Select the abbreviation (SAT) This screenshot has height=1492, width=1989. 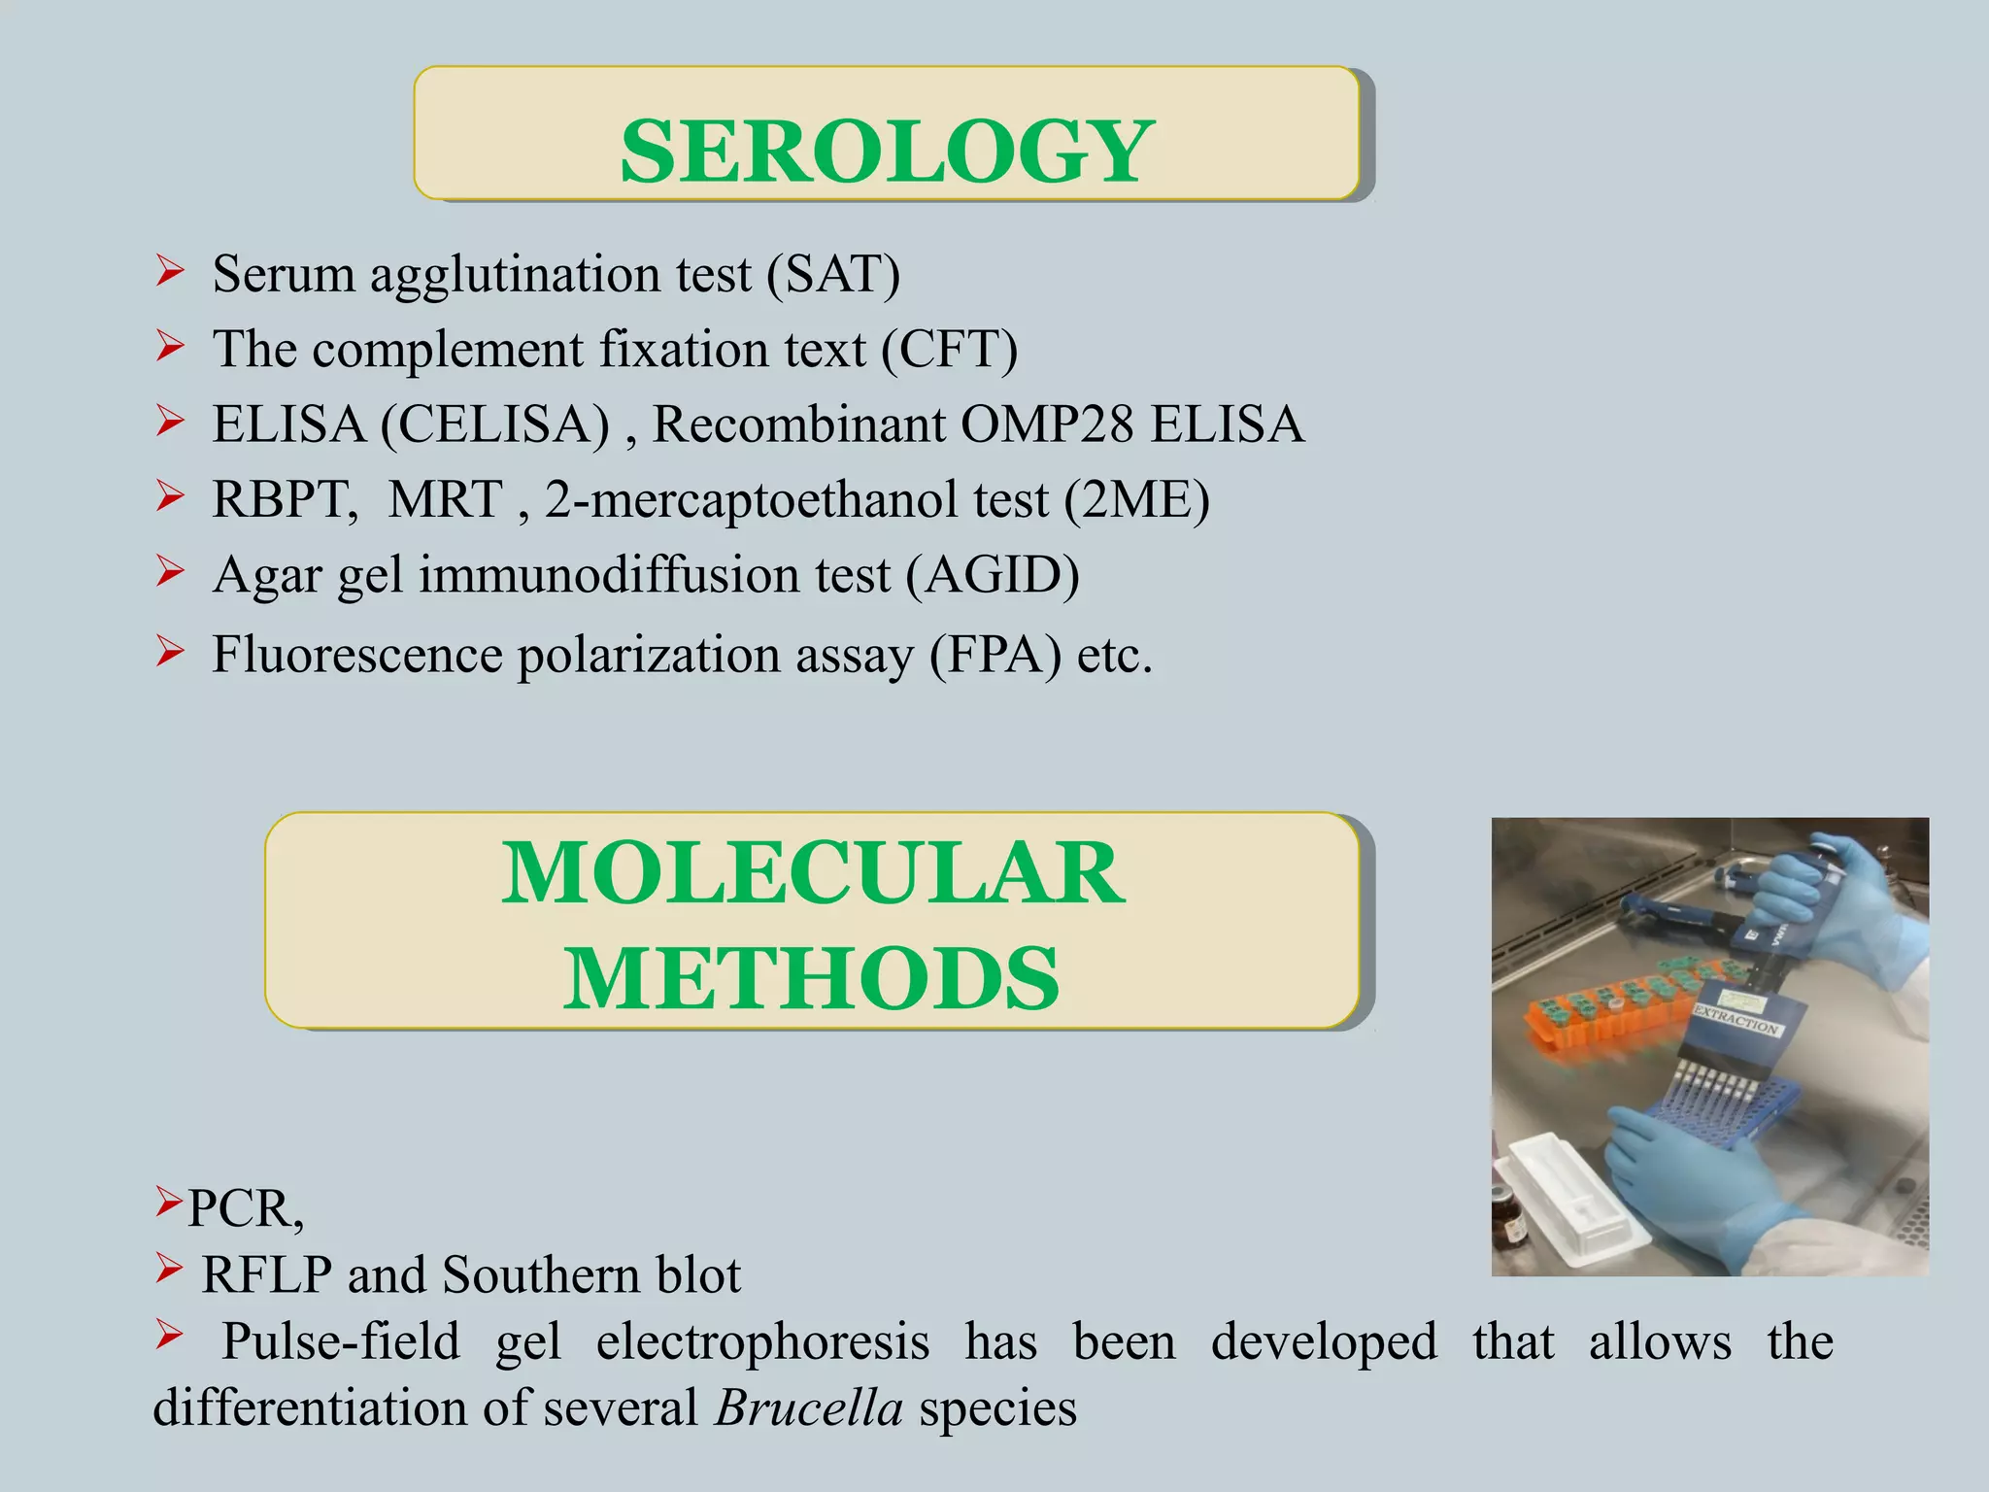[x=833, y=274]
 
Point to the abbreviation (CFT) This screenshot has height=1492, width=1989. [x=949, y=350]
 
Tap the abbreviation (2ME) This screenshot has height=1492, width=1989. [x=1136, y=500]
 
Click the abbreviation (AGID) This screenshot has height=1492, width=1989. [x=992, y=575]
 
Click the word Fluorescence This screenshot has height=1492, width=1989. [x=356, y=655]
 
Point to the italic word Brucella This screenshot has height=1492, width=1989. [x=808, y=1408]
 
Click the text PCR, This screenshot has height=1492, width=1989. [x=245, y=1209]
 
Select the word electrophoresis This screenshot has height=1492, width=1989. [x=762, y=1342]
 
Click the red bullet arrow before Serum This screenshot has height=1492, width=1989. [x=169, y=271]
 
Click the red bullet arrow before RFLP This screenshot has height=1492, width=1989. [x=169, y=1268]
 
